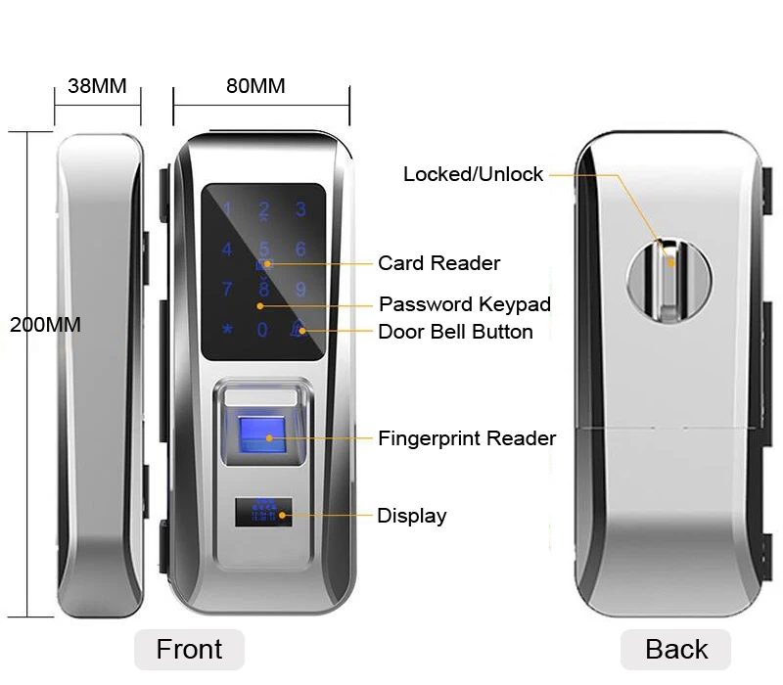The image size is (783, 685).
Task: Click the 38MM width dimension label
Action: (x=97, y=86)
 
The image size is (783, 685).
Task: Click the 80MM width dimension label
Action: (x=255, y=86)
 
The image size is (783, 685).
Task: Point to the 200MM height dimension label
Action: (x=45, y=325)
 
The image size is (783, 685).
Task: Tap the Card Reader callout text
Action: (x=438, y=263)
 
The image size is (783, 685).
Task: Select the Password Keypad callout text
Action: (x=465, y=304)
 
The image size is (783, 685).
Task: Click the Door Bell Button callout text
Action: (x=455, y=332)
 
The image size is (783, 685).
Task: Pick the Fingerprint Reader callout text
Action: (x=467, y=438)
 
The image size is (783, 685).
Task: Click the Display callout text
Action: (x=411, y=516)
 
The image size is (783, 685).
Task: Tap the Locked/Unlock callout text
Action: (x=473, y=174)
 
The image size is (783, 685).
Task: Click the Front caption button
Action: (x=189, y=649)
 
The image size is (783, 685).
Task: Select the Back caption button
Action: (x=676, y=649)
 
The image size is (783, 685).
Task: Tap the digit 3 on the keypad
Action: (x=300, y=208)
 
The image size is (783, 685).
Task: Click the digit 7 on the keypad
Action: (x=227, y=290)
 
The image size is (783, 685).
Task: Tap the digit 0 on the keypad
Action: (x=262, y=331)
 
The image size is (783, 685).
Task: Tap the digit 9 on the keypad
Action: (x=300, y=290)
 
